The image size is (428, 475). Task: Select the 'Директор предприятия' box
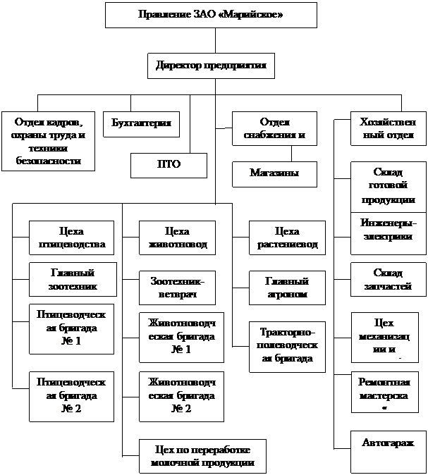[x=211, y=66]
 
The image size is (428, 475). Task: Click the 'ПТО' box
[x=169, y=165]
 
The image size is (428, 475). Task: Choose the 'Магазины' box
[x=273, y=174]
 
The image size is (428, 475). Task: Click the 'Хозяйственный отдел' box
[x=388, y=129]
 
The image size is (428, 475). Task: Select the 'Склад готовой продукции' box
[x=388, y=187]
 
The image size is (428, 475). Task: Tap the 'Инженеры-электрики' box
[x=388, y=230]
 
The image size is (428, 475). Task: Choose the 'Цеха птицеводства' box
[x=71, y=238]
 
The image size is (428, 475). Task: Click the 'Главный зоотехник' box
[x=71, y=280]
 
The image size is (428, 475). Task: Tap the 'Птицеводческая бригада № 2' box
[x=71, y=396]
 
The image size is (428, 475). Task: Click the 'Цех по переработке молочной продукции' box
[x=202, y=456]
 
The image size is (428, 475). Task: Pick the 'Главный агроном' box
[x=287, y=287]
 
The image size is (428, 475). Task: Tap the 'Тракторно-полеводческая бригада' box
[x=287, y=345]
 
